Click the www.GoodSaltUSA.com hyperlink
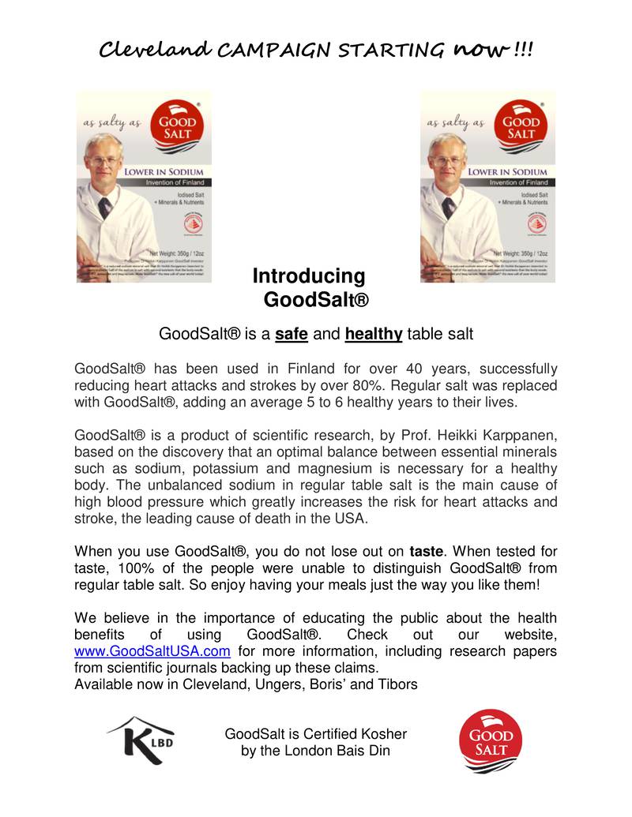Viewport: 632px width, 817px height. tap(152, 651)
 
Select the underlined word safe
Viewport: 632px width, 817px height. tap(292, 334)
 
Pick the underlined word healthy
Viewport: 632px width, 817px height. tap(374, 334)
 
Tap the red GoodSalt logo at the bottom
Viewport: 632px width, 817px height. tap(491, 741)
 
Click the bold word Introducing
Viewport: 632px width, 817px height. tap(309, 276)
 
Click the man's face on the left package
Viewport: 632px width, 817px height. tap(103, 161)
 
